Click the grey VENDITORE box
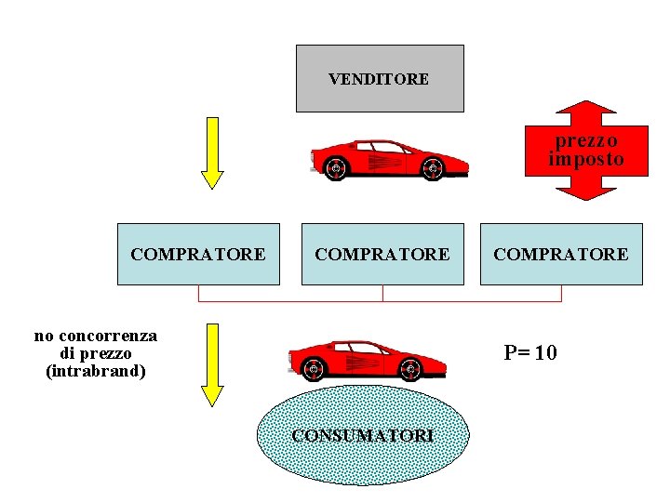click(x=379, y=79)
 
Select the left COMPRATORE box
click(x=198, y=254)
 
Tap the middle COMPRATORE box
click(x=382, y=254)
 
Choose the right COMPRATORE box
click(x=561, y=254)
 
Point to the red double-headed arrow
click(x=586, y=150)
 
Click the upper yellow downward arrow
click(x=213, y=152)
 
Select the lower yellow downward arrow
click(x=213, y=363)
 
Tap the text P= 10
click(x=530, y=353)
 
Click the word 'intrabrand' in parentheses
click(x=96, y=371)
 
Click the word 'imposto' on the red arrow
click(x=586, y=160)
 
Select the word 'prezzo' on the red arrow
click(x=586, y=140)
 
